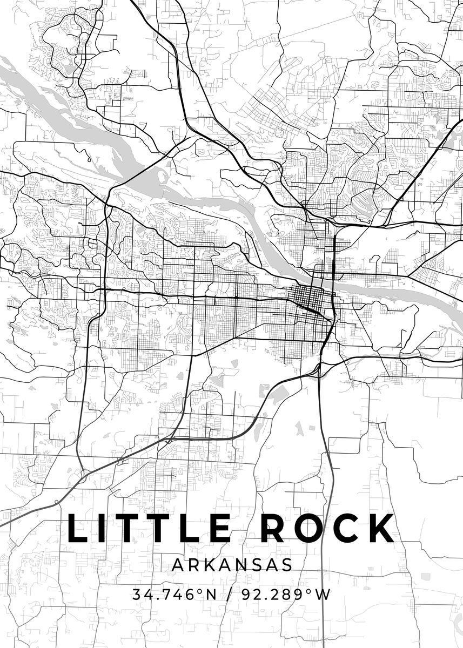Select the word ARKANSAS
click(x=232, y=565)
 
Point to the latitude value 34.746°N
click(x=175, y=595)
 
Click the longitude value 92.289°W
click(x=286, y=595)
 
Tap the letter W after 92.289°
click(x=323, y=595)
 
